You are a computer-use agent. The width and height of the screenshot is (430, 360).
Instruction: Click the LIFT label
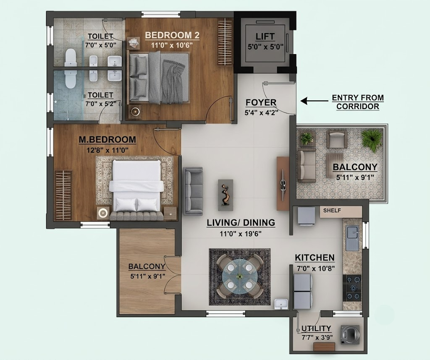265,37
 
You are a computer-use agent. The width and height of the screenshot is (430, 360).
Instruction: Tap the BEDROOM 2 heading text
172,35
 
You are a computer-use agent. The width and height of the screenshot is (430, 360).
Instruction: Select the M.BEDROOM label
107,140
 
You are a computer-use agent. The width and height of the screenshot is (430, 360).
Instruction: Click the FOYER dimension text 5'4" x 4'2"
261,112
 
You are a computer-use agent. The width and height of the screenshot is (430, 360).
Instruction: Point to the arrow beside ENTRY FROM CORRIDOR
314,101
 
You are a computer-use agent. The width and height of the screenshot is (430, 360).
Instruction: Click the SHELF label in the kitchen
332,210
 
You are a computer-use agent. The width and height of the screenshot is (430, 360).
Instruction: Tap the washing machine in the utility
350,334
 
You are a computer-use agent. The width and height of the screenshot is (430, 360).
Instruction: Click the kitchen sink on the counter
352,238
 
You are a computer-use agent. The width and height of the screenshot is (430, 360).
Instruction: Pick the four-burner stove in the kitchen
352,288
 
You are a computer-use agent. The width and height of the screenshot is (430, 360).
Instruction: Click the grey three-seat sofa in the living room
194,190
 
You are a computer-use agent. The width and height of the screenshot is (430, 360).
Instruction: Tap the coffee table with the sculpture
225,195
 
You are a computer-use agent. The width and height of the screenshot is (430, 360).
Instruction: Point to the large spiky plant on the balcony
372,140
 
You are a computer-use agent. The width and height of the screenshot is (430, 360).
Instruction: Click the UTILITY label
316,329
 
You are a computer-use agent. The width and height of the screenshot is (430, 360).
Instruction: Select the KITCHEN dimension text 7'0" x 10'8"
316,268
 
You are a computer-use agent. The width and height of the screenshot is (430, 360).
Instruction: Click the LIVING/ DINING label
241,222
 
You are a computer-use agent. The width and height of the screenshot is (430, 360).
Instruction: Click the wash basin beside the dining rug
281,304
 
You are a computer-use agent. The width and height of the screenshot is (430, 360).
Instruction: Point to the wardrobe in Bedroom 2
225,42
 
